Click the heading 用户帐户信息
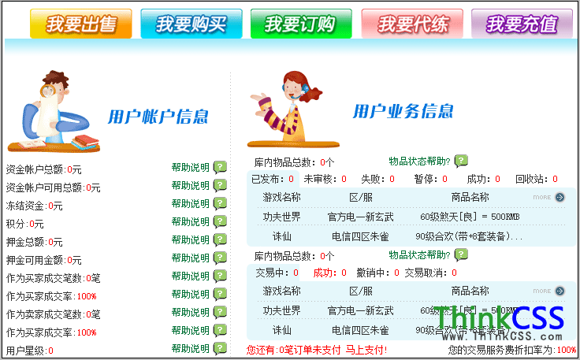(158, 117)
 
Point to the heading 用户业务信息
(403, 111)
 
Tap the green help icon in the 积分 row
(220, 223)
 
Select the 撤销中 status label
(370, 273)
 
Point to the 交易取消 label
(426, 273)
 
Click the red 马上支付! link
(366, 349)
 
